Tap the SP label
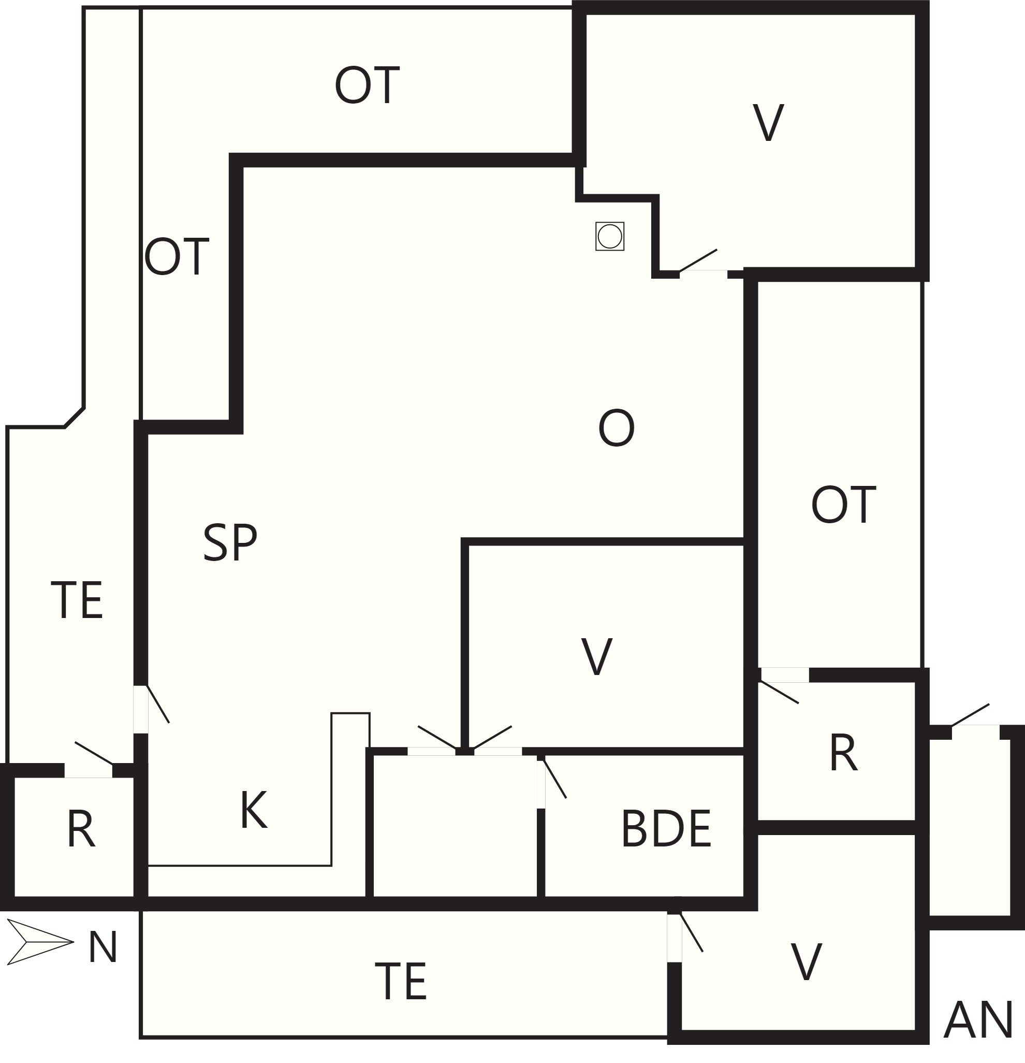point(230,542)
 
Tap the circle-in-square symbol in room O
point(610,236)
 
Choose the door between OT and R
point(780,685)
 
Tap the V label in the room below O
point(597,657)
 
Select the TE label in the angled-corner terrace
point(77,600)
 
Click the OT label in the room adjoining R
point(843,505)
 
